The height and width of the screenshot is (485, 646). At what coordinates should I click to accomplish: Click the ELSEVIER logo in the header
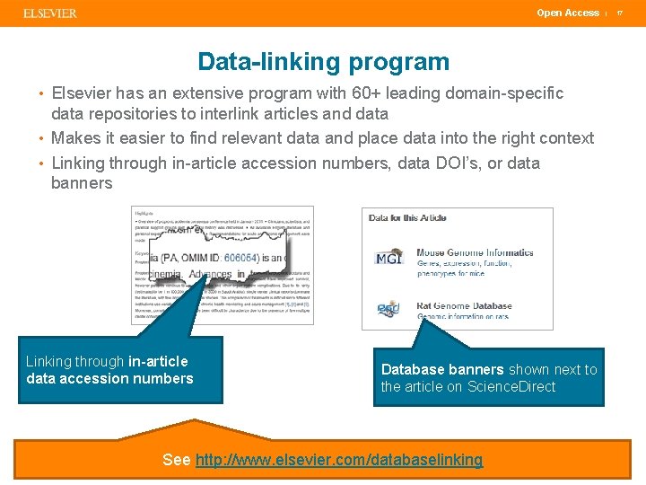tap(50, 13)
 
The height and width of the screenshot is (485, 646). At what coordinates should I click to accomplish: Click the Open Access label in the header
tap(567, 13)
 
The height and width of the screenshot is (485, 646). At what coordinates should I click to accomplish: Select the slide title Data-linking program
tap(323, 62)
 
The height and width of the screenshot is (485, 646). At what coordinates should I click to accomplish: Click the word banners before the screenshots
tap(82, 183)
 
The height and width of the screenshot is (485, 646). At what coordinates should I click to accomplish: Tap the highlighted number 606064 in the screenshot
tap(241, 257)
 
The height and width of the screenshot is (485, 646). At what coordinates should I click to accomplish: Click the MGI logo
tap(388, 259)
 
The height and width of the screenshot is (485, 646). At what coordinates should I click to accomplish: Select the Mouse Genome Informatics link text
tap(475, 253)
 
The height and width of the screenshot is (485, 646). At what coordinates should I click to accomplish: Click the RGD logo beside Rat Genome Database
tap(388, 310)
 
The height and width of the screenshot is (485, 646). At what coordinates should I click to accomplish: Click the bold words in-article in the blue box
tap(159, 362)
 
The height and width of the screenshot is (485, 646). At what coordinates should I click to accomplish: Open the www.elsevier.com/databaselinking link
tap(338, 460)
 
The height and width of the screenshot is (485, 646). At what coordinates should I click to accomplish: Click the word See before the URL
tap(176, 460)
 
